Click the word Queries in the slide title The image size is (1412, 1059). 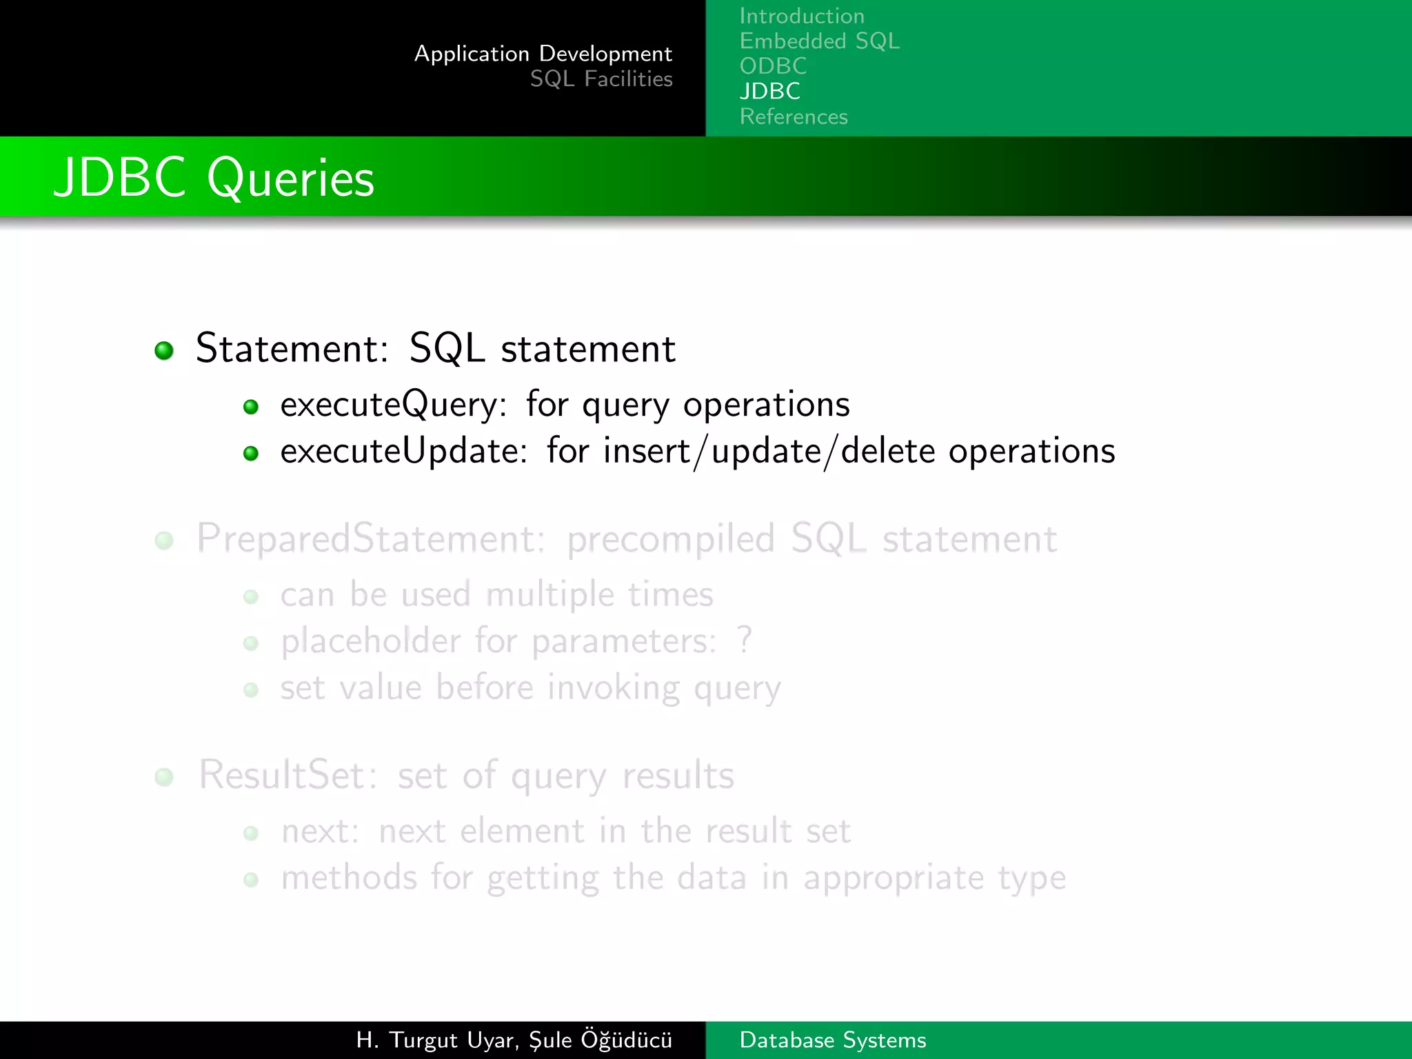pos(290,179)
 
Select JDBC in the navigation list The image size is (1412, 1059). pos(769,91)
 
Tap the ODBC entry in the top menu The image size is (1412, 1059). pos(773,66)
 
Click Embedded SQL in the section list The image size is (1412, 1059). pos(819,41)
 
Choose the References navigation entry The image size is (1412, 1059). pos(794,117)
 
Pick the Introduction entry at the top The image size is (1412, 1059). pos(802,16)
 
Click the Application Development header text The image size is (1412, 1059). pos(543,54)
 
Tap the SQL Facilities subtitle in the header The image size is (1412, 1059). pos(601,79)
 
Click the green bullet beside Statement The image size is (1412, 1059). pos(164,350)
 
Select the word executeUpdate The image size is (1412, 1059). pos(403,452)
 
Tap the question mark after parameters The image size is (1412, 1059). pos(744,641)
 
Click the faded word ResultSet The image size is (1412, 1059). pos(288,775)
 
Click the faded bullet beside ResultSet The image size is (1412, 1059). pos(164,778)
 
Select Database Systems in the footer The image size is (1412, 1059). pos(832,1040)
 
